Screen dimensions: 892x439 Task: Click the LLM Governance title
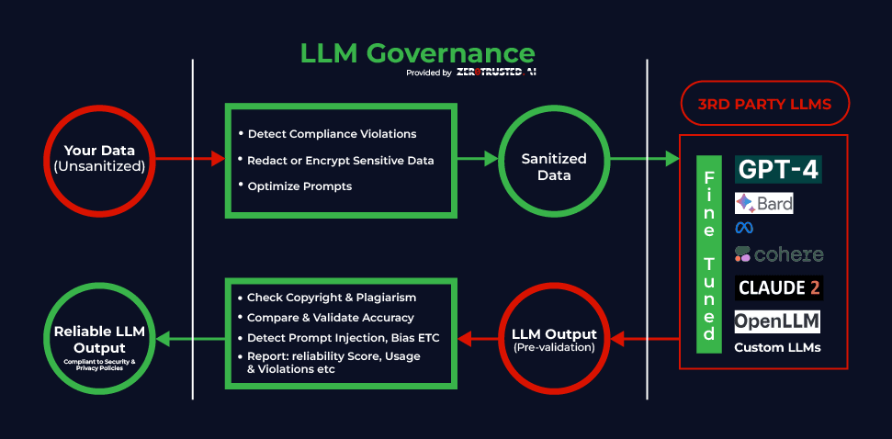coord(417,53)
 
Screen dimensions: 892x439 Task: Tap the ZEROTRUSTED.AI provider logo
coord(496,73)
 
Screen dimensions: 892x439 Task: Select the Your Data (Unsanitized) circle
coord(99,159)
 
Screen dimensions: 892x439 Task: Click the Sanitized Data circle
coord(554,159)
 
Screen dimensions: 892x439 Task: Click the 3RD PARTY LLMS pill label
coord(764,103)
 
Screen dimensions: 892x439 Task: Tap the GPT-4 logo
coord(778,169)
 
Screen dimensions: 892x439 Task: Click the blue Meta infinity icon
coord(744,228)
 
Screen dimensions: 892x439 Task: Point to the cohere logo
coord(779,254)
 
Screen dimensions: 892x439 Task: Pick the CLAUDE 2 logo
coord(778,287)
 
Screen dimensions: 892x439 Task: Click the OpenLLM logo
coord(777,321)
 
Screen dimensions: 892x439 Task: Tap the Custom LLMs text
coord(777,347)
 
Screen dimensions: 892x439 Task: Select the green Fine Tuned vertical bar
coord(709,254)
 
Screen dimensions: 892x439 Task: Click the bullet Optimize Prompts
coord(295,186)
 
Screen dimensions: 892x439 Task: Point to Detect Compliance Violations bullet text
coord(328,134)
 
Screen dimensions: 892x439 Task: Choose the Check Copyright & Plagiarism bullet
coord(327,298)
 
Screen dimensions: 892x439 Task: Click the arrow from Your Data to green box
coord(190,159)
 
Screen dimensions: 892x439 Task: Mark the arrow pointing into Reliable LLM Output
coord(190,340)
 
